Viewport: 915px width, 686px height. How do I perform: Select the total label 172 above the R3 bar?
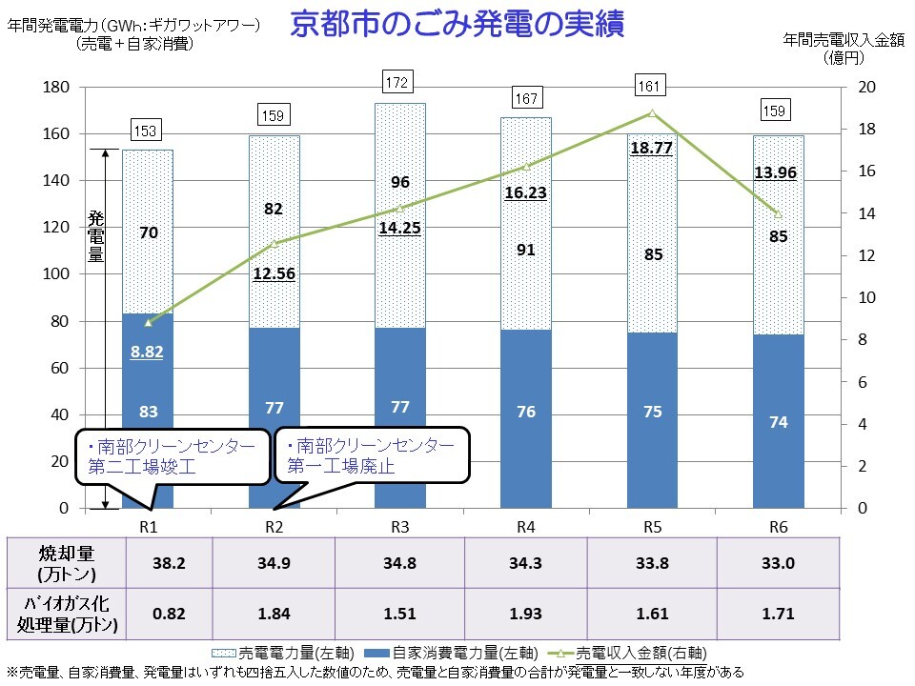click(398, 83)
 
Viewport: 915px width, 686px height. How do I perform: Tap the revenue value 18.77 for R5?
click(652, 148)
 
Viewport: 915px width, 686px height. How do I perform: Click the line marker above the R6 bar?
click(778, 214)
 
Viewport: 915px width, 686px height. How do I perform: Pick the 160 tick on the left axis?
click(59, 134)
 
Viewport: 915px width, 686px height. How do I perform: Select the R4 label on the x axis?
click(525, 528)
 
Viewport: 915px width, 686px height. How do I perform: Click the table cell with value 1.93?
click(526, 614)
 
